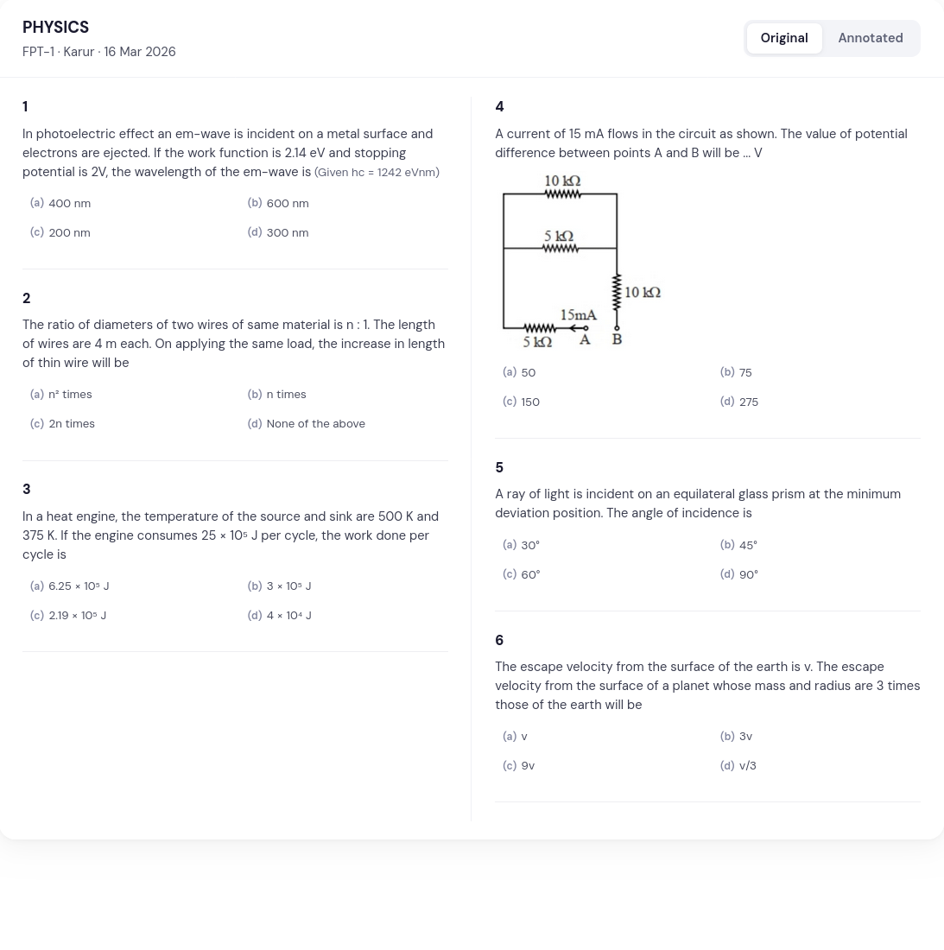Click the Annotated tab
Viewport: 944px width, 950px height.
[x=870, y=38]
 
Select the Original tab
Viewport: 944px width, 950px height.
[x=783, y=38]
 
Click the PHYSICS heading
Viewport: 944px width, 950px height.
[x=55, y=28]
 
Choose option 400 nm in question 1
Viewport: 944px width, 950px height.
[x=69, y=204]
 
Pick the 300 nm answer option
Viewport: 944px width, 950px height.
[x=287, y=233]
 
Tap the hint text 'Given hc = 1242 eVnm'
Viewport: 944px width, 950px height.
[x=377, y=173]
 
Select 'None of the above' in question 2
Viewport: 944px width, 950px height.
[x=315, y=424]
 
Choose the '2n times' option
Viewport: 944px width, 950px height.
[x=72, y=424]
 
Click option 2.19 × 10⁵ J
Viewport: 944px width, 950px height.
[x=77, y=616]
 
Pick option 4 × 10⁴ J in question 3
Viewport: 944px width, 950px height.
[x=288, y=616]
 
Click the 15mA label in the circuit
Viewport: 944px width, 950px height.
[x=578, y=315]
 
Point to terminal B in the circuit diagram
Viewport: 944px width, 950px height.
[x=617, y=339]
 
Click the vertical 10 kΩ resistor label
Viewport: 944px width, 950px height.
[x=643, y=293]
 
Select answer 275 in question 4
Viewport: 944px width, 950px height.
[x=748, y=402]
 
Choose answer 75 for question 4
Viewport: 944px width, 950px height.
[x=744, y=373]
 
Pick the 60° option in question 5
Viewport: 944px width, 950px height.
[x=530, y=575]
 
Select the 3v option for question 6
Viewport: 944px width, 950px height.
[x=745, y=737]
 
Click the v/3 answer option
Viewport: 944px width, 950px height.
[x=747, y=766]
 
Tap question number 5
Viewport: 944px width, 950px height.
[x=499, y=468]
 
